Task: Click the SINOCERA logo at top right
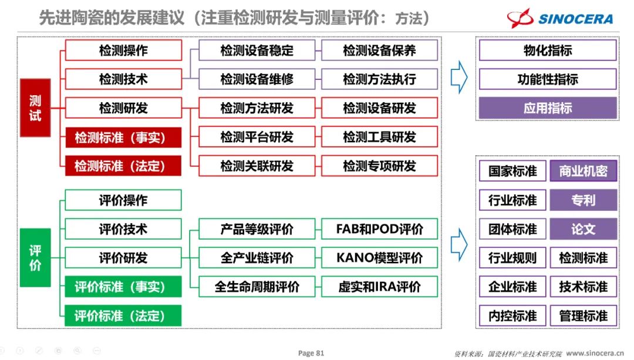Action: [x=561, y=18]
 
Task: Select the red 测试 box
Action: [x=35, y=108]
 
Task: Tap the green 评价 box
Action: [x=35, y=258]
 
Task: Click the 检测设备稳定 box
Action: [x=257, y=51]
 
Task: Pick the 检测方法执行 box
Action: [x=379, y=79]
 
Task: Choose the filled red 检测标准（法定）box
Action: [x=123, y=166]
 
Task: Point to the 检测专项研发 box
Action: [x=379, y=166]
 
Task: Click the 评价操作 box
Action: [x=123, y=200]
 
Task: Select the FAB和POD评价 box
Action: [x=379, y=229]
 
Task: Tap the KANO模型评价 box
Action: [x=379, y=258]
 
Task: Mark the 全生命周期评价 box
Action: [x=257, y=287]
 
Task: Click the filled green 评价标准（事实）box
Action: [x=123, y=287]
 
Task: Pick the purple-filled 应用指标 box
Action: [x=548, y=108]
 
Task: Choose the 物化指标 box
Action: [x=548, y=51]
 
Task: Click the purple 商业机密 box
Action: [x=584, y=171]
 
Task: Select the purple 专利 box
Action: [x=584, y=200]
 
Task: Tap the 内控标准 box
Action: [x=512, y=315]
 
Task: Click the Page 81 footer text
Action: [x=311, y=353]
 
